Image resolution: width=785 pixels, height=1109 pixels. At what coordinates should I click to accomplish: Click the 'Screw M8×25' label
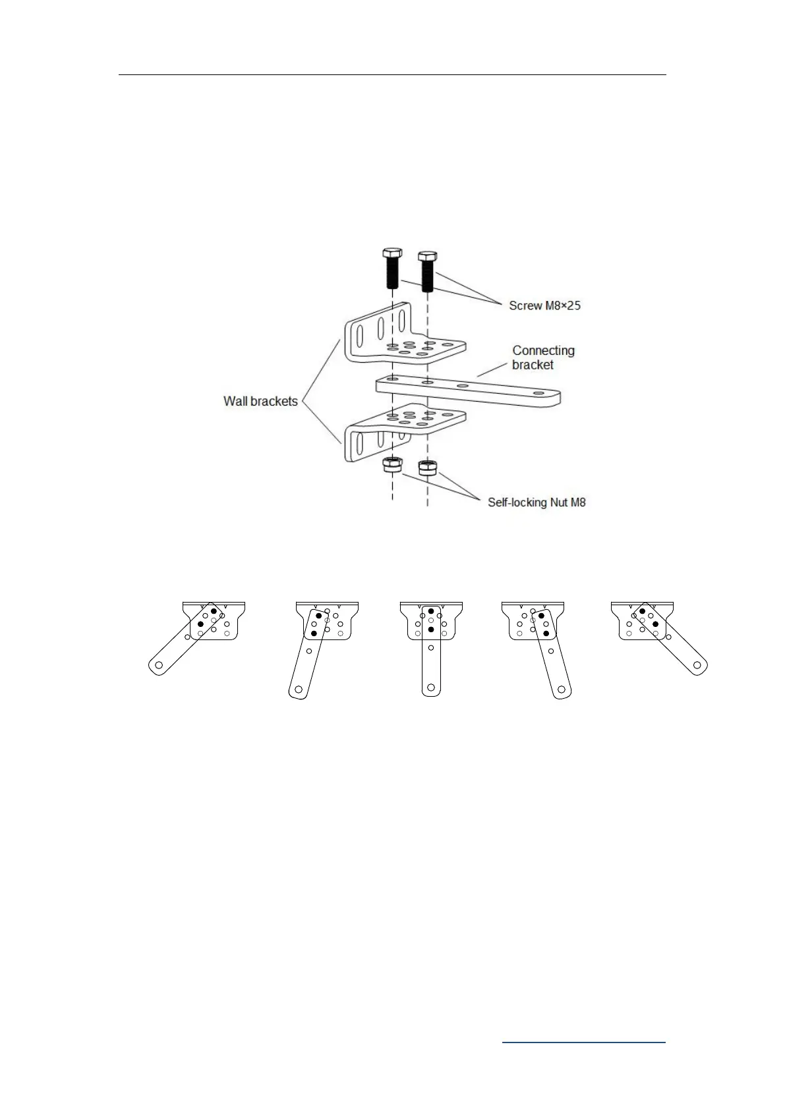tap(544, 306)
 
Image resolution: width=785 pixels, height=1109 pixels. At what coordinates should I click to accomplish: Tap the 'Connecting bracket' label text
tap(543, 358)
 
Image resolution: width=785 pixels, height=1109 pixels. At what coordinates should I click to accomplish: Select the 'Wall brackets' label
tap(260, 401)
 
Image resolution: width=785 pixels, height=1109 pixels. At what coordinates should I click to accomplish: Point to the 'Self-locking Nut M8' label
tap(537, 502)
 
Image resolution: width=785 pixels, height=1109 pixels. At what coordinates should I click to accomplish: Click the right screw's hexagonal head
tap(428, 255)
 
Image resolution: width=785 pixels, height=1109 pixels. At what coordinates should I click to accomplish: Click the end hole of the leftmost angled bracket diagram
tap(159, 666)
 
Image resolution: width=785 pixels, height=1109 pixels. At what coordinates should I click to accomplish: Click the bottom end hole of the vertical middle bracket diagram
tap(431, 688)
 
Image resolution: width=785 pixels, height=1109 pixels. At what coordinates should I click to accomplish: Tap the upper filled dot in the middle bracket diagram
tap(431, 611)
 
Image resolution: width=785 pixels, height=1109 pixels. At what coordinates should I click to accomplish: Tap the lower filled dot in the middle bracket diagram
tap(431, 630)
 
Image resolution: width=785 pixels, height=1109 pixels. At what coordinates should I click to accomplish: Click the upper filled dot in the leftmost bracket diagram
tap(214, 611)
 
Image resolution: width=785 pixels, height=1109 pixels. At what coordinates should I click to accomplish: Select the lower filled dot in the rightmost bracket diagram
tap(655, 624)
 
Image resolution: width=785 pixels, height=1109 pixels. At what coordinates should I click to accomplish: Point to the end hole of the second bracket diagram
tap(299, 690)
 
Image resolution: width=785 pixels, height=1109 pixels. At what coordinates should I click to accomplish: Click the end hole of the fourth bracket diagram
tap(561, 690)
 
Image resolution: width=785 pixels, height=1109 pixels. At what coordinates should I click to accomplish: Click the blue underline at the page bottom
tap(584, 1042)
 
